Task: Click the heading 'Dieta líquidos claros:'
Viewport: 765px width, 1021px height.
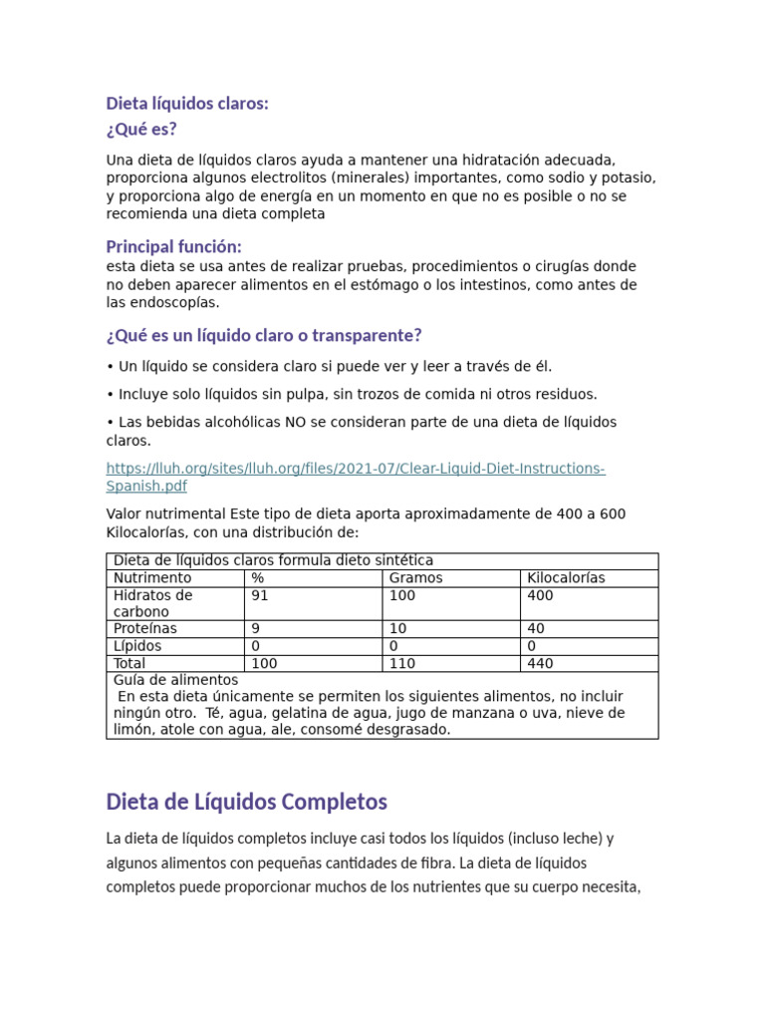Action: pos(187,104)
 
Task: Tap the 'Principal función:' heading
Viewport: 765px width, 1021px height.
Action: pos(173,246)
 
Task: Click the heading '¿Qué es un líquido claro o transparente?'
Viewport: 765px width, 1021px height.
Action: pos(264,335)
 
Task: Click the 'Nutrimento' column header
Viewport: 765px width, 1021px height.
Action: pos(152,578)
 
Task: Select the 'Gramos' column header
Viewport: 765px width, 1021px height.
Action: pos(415,578)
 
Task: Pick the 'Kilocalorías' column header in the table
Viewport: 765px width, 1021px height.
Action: pos(566,578)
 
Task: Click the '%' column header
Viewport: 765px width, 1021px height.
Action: pos(258,578)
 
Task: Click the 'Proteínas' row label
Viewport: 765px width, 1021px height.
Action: pos(145,629)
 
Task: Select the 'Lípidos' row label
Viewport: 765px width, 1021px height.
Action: pos(137,646)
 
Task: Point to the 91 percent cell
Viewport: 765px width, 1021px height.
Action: pos(260,595)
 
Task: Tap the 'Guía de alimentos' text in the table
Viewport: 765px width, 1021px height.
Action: pos(176,680)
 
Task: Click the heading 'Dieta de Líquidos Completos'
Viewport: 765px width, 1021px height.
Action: pos(246,802)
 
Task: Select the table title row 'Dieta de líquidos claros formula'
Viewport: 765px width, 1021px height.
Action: pos(273,561)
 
